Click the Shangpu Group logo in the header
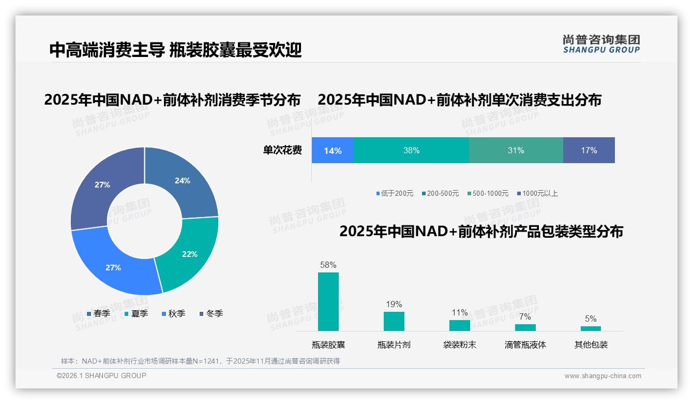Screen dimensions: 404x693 [x=601, y=44]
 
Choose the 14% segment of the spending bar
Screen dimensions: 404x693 [x=333, y=151]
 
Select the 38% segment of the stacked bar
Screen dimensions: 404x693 [x=411, y=151]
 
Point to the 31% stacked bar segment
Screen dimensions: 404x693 [x=516, y=151]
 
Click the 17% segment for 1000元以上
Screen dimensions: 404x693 [x=589, y=151]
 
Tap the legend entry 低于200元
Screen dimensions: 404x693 [x=395, y=194]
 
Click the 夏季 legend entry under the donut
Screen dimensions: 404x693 [x=137, y=314]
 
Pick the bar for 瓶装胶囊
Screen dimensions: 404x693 [x=328, y=302]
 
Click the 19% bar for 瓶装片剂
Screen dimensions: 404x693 [x=394, y=321]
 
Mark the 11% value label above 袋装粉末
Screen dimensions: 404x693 [x=459, y=313]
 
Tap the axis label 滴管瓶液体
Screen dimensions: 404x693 [x=525, y=345]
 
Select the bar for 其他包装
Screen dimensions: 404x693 [x=591, y=328]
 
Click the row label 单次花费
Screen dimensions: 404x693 [x=282, y=151]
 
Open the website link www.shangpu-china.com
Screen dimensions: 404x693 [x=602, y=376]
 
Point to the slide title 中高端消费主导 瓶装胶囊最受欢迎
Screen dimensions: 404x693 [x=175, y=50]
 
